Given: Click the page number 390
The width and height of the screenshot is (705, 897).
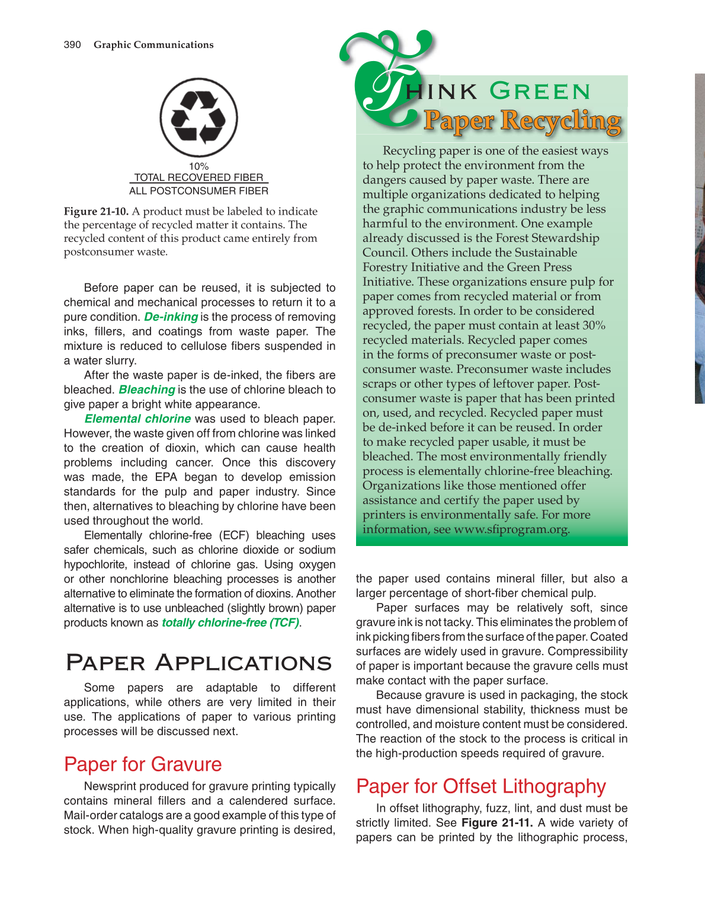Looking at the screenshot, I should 72,45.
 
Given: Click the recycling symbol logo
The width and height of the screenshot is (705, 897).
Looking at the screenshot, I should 198,117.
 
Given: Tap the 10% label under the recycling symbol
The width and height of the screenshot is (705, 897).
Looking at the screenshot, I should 198,167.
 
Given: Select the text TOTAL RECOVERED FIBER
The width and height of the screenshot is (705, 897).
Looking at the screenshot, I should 198,177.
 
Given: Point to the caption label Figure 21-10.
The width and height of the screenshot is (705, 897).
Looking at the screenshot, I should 96,212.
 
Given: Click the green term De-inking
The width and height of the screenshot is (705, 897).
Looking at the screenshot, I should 171,317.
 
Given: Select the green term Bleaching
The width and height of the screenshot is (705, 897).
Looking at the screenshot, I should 146,390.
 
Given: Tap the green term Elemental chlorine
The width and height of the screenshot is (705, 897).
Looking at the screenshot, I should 137,419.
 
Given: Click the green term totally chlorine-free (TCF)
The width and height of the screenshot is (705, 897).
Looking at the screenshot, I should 230,623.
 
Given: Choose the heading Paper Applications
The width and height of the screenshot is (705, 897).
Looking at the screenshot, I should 198,663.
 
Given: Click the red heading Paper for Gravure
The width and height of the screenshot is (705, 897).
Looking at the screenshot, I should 143,765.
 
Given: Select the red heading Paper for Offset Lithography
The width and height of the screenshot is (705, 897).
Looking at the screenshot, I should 480,787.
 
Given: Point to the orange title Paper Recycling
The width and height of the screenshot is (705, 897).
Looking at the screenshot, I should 522,121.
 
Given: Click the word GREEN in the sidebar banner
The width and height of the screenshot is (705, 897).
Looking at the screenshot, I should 540,92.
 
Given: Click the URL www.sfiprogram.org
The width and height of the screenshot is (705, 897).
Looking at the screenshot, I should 511,529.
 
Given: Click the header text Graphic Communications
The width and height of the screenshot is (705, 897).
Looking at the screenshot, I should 153,45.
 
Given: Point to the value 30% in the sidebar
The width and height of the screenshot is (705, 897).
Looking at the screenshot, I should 594,325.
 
